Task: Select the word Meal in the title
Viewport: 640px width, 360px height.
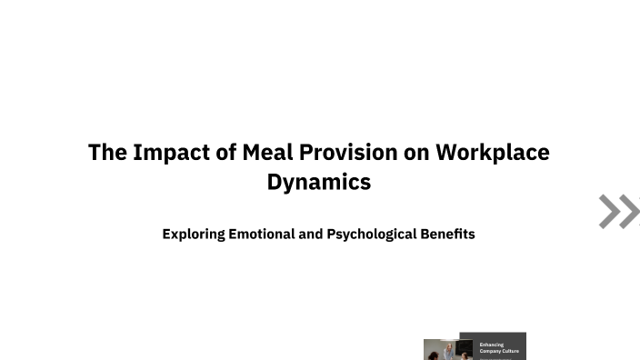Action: [x=267, y=152]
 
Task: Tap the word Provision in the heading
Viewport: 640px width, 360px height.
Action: [x=350, y=152]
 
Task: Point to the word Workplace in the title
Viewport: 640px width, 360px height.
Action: [x=493, y=152]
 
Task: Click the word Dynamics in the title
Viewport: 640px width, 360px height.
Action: [x=319, y=182]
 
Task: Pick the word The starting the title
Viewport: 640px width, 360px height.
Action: [x=107, y=152]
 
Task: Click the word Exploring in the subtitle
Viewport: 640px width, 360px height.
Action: [x=193, y=235]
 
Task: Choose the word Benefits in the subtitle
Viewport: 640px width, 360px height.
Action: [x=448, y=234]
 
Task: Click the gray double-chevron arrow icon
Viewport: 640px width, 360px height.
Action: [x=618, y=211]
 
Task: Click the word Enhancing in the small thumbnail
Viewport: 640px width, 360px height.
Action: [x=492, y=345]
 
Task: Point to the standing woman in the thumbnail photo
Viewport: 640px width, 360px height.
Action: [x=447, y=352]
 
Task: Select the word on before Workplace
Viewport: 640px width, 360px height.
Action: [x=417, y=152]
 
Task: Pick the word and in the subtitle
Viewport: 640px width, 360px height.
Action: [x=311, y=234]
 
